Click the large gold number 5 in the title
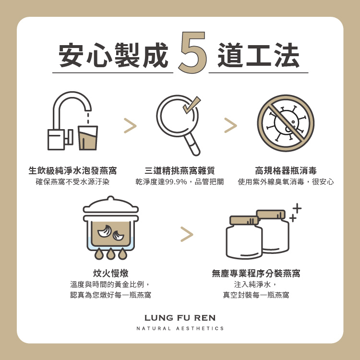(192, 52)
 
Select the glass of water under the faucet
(88, 138)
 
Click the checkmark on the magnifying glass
(192, 105)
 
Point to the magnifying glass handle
(192, 144)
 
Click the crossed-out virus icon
(286, 123)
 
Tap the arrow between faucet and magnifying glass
(130, 126)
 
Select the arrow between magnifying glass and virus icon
(230, 125)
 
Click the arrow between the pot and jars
(187, 234)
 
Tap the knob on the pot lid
(111, 199)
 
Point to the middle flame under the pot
(111, 254)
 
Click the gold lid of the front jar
(244, 220)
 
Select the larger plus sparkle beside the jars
(297, 208)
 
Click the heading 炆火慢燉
(111, 273)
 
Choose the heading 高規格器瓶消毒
(286, 170)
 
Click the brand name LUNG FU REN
(180, 318)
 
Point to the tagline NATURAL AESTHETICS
(180, 328)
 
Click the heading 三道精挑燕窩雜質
(180, 170)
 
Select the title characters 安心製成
(113, 55)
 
